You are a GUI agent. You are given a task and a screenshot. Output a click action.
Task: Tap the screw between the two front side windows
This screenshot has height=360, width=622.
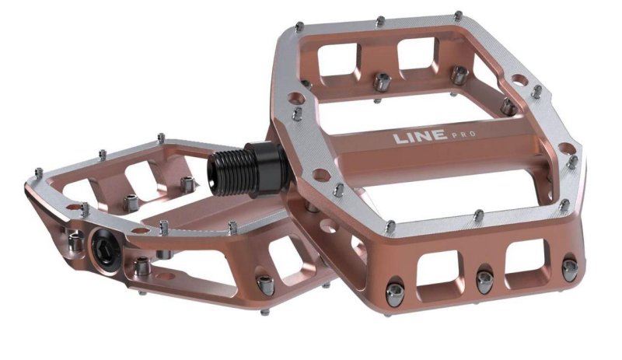tap(484, 281)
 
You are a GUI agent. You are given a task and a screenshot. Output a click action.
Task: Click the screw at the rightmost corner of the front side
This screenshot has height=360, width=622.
tap(569, 268)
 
